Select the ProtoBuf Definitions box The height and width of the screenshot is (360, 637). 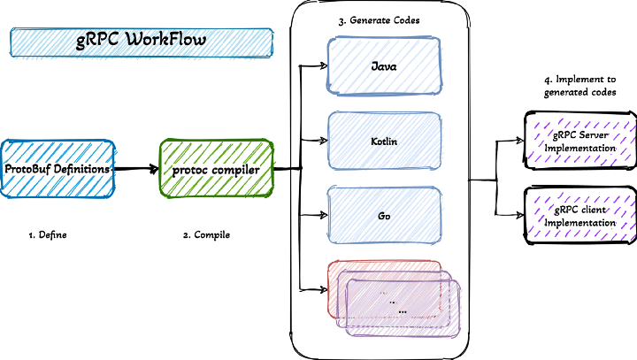click(x=58, y=168)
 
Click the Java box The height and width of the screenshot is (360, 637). click(x=385, y=65)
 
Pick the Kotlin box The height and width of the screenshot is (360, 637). click(x=385, y=141)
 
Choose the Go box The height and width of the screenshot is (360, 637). click(x=385, y=215)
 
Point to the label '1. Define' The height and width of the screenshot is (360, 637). click(x=48, y=235)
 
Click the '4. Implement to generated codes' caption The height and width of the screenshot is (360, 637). click(x=579, y=85)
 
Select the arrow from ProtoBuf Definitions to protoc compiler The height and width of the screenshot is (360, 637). click(x=136, y=168)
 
